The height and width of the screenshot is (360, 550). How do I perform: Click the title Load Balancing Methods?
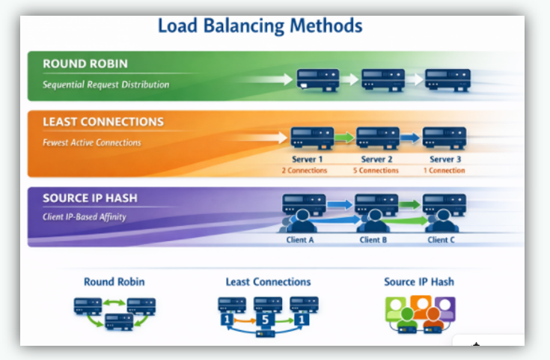(260, 26)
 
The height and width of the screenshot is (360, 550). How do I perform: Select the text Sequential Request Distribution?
(106, 85)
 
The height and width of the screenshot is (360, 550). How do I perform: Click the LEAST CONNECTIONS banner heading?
(103, 122)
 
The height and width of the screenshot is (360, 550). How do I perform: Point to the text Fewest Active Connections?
(91, 142)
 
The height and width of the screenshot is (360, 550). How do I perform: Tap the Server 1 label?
(309, 159)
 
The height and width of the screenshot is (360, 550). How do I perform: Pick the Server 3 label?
(445, 159)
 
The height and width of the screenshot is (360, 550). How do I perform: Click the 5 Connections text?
(376, 171)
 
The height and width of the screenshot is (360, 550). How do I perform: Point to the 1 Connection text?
(445, 171)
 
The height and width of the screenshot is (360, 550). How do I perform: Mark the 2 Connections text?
(305, 171)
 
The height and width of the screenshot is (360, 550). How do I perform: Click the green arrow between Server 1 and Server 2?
(343, 138)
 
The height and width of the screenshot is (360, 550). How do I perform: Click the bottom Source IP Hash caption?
(419, 282)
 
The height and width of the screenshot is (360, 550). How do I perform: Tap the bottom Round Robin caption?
(114, 282)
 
